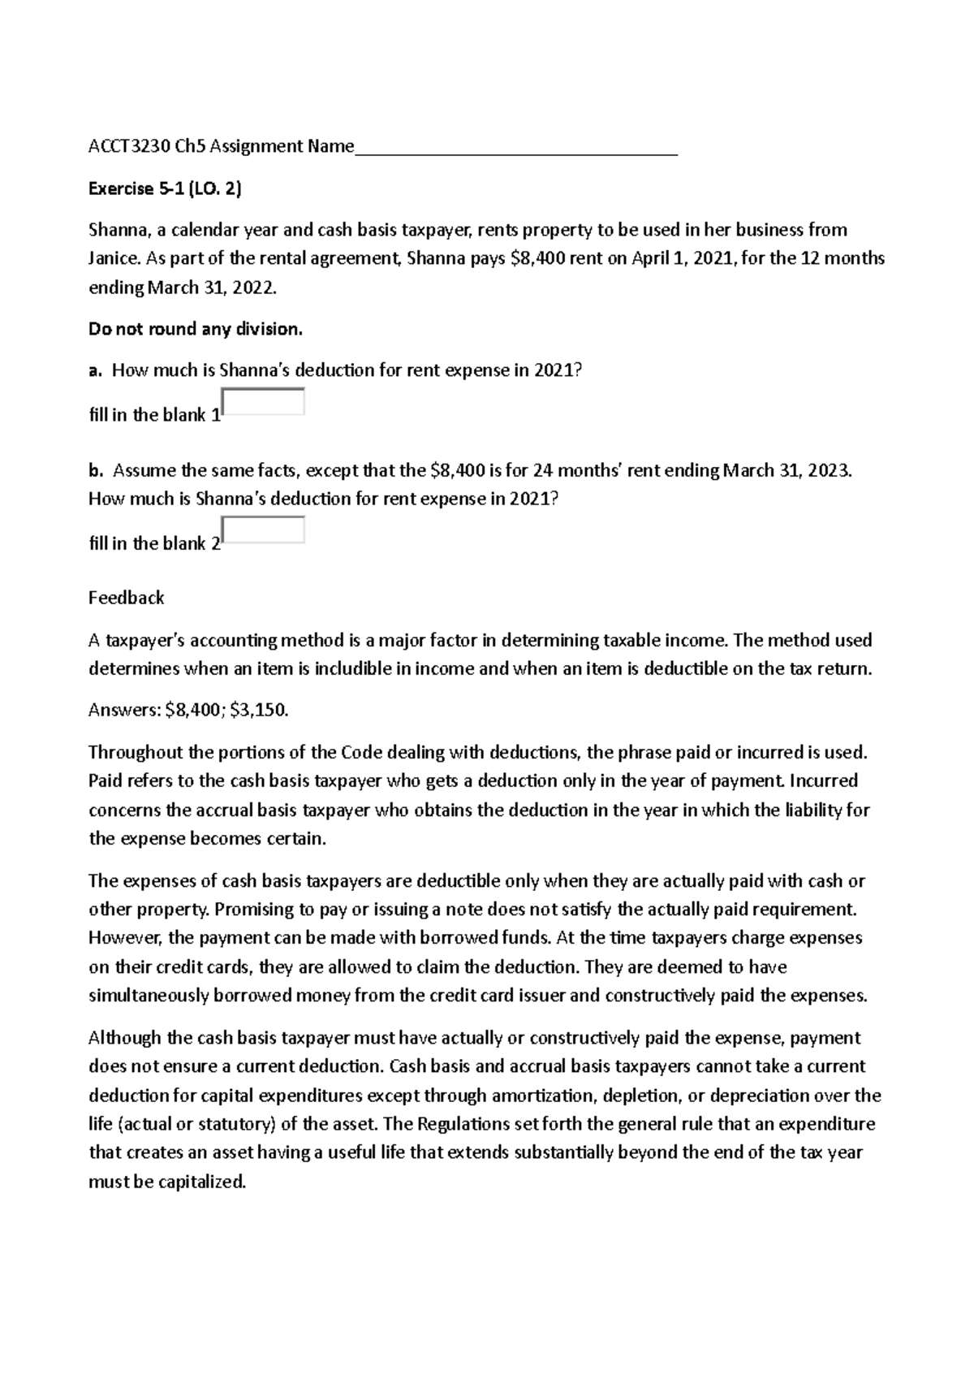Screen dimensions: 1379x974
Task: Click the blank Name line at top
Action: pyautogui.click(x=516, y=149)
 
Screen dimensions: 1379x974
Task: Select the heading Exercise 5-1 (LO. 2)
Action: pyautogui.click(x=165, y=189)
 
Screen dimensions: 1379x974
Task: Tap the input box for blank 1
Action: pyautogui.click(x=263, y=402)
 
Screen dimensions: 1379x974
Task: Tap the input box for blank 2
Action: pyautogui.click(x=263, y=530)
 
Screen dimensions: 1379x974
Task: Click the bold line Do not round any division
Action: pyautogui.click(x=195, y=329)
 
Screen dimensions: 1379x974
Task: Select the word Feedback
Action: pyautogui.click(x=126, y=598)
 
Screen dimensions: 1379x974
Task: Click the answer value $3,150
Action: pyautogui.click(x=259, y=711)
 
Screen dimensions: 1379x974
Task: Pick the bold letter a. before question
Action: pyautogui.click(x=95, y=371)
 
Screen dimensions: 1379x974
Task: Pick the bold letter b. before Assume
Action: pyautogui.click(x=96, y=470)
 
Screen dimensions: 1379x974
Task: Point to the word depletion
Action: pyautogui.click(x=643, y=1096)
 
